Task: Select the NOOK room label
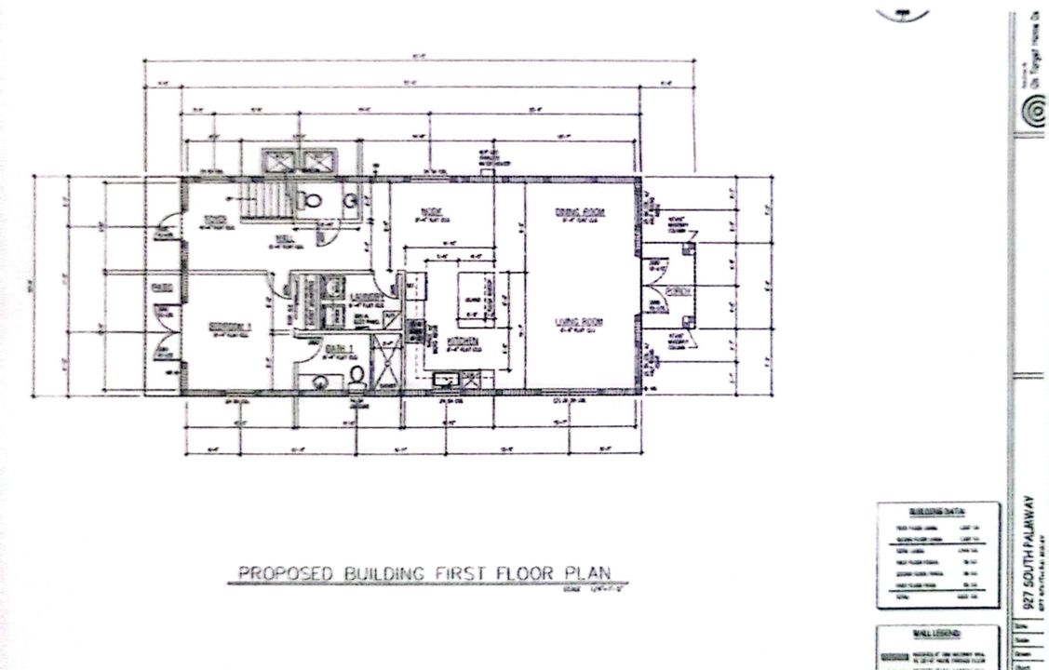430,210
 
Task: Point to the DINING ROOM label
581,212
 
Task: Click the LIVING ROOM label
580,322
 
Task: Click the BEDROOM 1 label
228,327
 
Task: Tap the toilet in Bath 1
357,375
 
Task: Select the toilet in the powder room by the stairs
311,199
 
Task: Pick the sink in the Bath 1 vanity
321,381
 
